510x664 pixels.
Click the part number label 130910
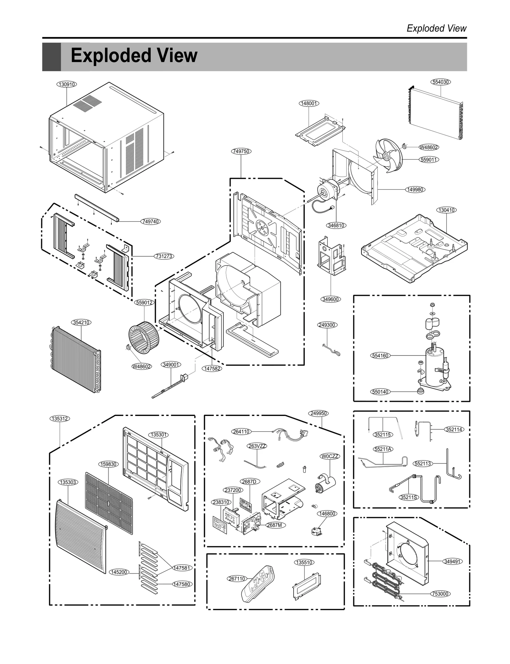coord(67,84)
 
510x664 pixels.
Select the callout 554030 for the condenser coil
coord(441,82)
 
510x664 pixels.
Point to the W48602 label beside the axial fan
coord(428,147)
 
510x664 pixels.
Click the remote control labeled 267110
coord(258,584)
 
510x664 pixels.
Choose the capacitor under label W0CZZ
coord(326,485)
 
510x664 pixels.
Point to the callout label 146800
coord(327,514)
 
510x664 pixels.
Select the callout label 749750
coord(241,151)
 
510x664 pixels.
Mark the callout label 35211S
coord(409,497)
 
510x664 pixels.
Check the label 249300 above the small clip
coord(327,325)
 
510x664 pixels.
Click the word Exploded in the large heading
coord(111,55)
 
